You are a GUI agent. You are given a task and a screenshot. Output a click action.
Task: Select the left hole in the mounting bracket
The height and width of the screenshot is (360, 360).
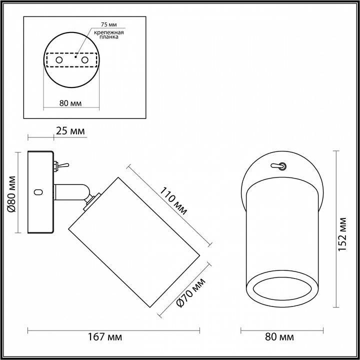59,60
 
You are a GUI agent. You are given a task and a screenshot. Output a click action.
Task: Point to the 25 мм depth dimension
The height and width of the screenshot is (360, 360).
70,131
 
